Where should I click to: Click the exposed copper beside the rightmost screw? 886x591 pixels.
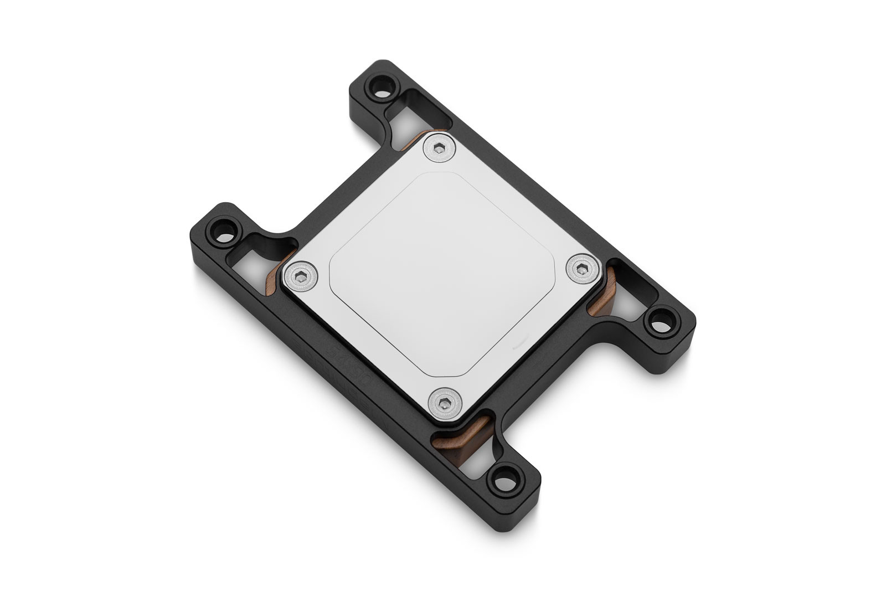(600, 294)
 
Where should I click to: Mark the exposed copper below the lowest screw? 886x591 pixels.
(460, 429)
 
